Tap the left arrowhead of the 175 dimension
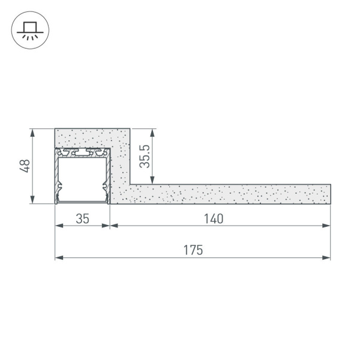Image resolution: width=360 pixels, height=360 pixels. click(58, 258)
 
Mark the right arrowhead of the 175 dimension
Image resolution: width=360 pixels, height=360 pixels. click(327, 258)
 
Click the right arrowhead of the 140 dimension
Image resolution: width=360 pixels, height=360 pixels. click(327, 226)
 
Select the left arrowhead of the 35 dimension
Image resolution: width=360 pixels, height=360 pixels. click(58, 226)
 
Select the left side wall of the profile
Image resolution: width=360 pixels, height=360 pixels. click(58, 177)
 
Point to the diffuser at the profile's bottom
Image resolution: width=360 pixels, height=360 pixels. click(83, 202)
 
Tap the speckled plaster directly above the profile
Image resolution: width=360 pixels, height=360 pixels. click(83, 138)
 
